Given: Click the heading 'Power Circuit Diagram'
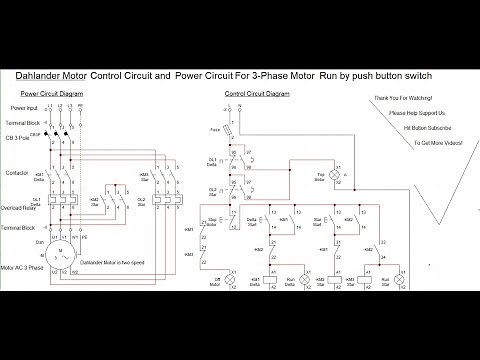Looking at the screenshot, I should pyautogui.click(x=51, y=93).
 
